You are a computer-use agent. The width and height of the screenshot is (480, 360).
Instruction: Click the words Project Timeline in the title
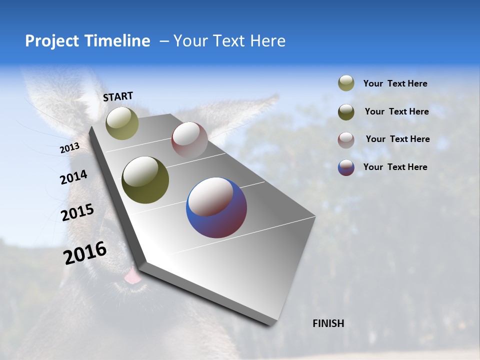click(x=87, y=41)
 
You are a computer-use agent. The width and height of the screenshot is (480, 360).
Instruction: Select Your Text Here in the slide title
click(x=229, y=41)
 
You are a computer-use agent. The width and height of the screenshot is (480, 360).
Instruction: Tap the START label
click(x=118, y=96)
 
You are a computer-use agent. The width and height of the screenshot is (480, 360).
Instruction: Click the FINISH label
click(x=328, y=323)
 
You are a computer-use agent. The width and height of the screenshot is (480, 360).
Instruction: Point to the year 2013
click(x=69, y=148)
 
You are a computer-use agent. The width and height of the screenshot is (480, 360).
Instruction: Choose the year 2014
click(x=73, y=177)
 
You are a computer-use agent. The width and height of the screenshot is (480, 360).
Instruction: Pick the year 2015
click(x=77, y=212)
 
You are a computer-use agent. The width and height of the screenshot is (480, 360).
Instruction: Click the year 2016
click(x=85, y=253)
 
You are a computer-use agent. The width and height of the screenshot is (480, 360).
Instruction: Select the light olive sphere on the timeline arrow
click(x=122, y=123)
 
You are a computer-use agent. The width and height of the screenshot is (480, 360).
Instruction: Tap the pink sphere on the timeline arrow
click(x=189, y=140)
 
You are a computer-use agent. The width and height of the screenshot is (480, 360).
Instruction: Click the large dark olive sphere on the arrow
click(x=145, y=180)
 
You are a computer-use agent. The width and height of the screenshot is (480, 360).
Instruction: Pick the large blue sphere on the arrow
click(x=216, y=207)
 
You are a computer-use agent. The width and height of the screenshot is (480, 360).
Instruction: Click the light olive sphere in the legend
click(x=346, y=83)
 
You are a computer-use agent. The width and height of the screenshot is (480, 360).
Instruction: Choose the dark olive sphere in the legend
click(x=346, y=112)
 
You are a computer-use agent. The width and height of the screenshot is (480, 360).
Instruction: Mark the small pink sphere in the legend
click(x=346, y=139)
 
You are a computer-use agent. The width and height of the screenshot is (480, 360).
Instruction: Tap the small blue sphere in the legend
click(x=346, y=167)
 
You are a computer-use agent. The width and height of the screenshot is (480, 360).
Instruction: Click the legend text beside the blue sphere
click(x=395, y=167)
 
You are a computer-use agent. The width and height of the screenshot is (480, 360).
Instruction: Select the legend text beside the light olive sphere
click(x=395, y=83)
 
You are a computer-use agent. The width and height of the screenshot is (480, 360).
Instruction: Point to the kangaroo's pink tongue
click(x=132, y=276)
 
